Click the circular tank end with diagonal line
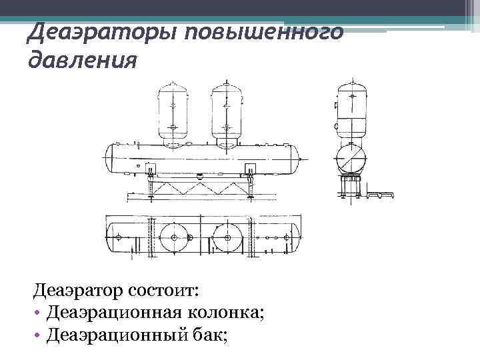point(351,160)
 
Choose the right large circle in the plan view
point(227,237)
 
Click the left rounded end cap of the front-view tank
point(110,157)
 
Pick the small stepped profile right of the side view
point(383,195)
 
